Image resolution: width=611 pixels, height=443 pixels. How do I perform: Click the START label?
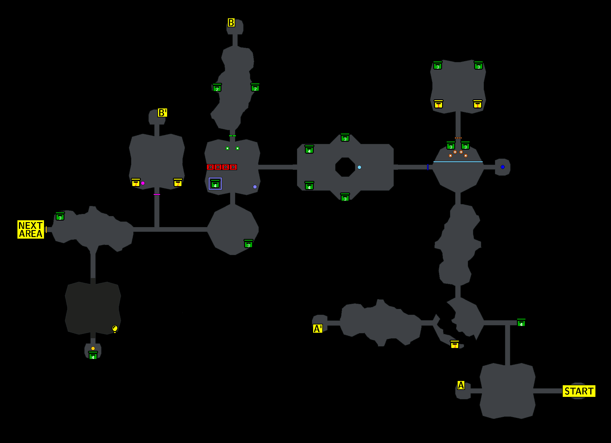579,391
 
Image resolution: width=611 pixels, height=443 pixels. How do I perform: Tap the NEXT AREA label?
31,229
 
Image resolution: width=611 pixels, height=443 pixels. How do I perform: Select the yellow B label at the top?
231,23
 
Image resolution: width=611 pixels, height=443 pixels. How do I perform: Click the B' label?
162,113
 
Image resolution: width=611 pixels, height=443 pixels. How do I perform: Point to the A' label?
317,329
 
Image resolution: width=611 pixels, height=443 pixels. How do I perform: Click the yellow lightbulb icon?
115,329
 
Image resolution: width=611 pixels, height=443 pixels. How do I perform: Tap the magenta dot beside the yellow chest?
143,183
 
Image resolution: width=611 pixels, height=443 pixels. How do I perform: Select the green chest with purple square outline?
215,184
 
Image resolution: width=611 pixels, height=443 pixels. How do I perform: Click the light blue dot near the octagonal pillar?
359,167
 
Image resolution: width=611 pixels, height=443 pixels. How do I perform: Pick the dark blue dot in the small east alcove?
503,167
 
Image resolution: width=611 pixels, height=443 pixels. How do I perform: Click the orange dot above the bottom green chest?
93,348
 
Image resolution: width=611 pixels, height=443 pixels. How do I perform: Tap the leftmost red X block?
210,167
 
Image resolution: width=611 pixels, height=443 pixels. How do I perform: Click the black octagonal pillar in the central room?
345,167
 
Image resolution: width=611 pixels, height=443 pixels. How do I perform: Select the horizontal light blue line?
458,162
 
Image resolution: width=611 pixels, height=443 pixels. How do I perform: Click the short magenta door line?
157,194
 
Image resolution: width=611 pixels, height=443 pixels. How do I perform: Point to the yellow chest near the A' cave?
455,344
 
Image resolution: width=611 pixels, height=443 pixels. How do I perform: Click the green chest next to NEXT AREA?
60,216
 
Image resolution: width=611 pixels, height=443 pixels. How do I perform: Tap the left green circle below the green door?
227,148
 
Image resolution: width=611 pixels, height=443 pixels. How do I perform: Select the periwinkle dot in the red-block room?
255,187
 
